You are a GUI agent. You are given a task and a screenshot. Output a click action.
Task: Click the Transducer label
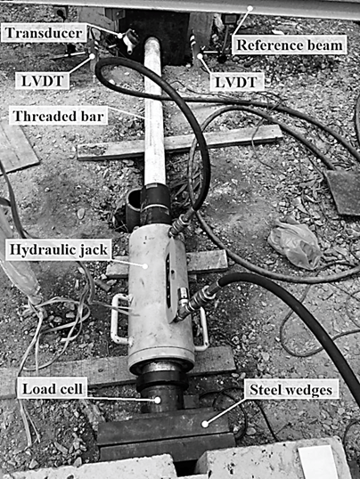[44, 33]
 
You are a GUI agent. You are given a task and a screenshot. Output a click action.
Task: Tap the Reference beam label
[290, 45]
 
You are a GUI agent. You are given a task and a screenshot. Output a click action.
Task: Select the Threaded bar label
[59, 116]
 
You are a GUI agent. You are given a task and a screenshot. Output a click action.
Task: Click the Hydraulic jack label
[59, 249]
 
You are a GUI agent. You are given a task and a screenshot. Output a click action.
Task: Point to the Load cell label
[53, 389]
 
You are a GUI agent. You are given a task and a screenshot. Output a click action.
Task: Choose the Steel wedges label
[290, 389]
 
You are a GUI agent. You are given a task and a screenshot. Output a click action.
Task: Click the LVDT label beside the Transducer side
[43, 81]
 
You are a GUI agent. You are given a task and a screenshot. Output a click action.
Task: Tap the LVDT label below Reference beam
[236, 82]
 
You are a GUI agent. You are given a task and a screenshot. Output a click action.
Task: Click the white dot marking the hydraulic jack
[146, 266]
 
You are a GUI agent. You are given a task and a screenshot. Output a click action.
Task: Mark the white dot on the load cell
[158, 400]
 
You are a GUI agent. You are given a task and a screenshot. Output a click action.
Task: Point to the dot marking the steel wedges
[205, 424]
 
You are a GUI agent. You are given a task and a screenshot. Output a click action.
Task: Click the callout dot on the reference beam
[250, 8]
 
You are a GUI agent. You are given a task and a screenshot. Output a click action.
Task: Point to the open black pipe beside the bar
[133, 207]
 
